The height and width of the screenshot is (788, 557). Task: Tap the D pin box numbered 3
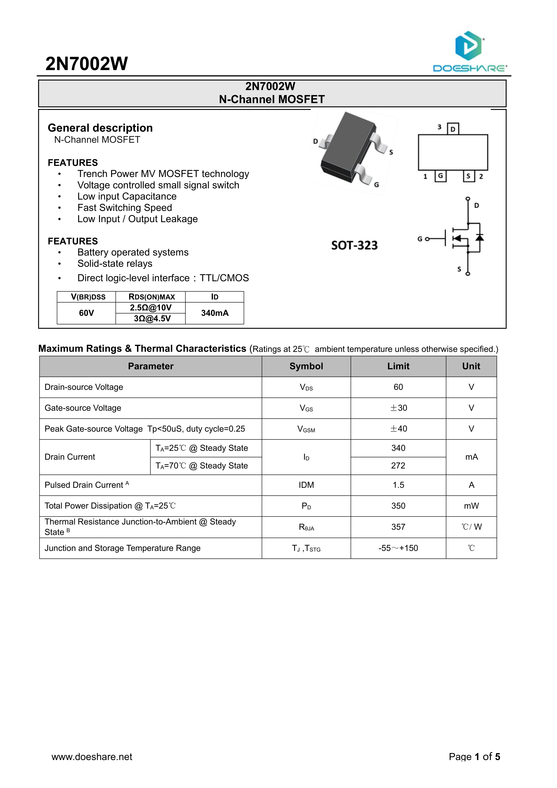pos(453,129)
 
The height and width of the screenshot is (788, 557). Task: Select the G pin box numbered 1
pos(440,176)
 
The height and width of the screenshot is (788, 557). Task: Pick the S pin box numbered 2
pos(469,176)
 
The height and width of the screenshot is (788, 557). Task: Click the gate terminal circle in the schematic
pos(427,239)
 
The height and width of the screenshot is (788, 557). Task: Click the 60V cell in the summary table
pos(86,313)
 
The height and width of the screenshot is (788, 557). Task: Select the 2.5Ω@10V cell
pos(151,308)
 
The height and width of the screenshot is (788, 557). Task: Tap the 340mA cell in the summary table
pos(215,313)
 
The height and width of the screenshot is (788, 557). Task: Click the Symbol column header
pos(306,366)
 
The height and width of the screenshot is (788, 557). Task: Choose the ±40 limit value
pos(398,429)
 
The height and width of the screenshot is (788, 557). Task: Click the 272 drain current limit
pos(398,466)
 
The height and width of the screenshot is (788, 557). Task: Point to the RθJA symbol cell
pos(306,527)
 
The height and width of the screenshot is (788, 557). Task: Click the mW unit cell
pos(471,506)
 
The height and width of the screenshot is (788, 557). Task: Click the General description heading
pos(100,128)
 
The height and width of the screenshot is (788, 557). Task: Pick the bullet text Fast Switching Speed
pos(125,208)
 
